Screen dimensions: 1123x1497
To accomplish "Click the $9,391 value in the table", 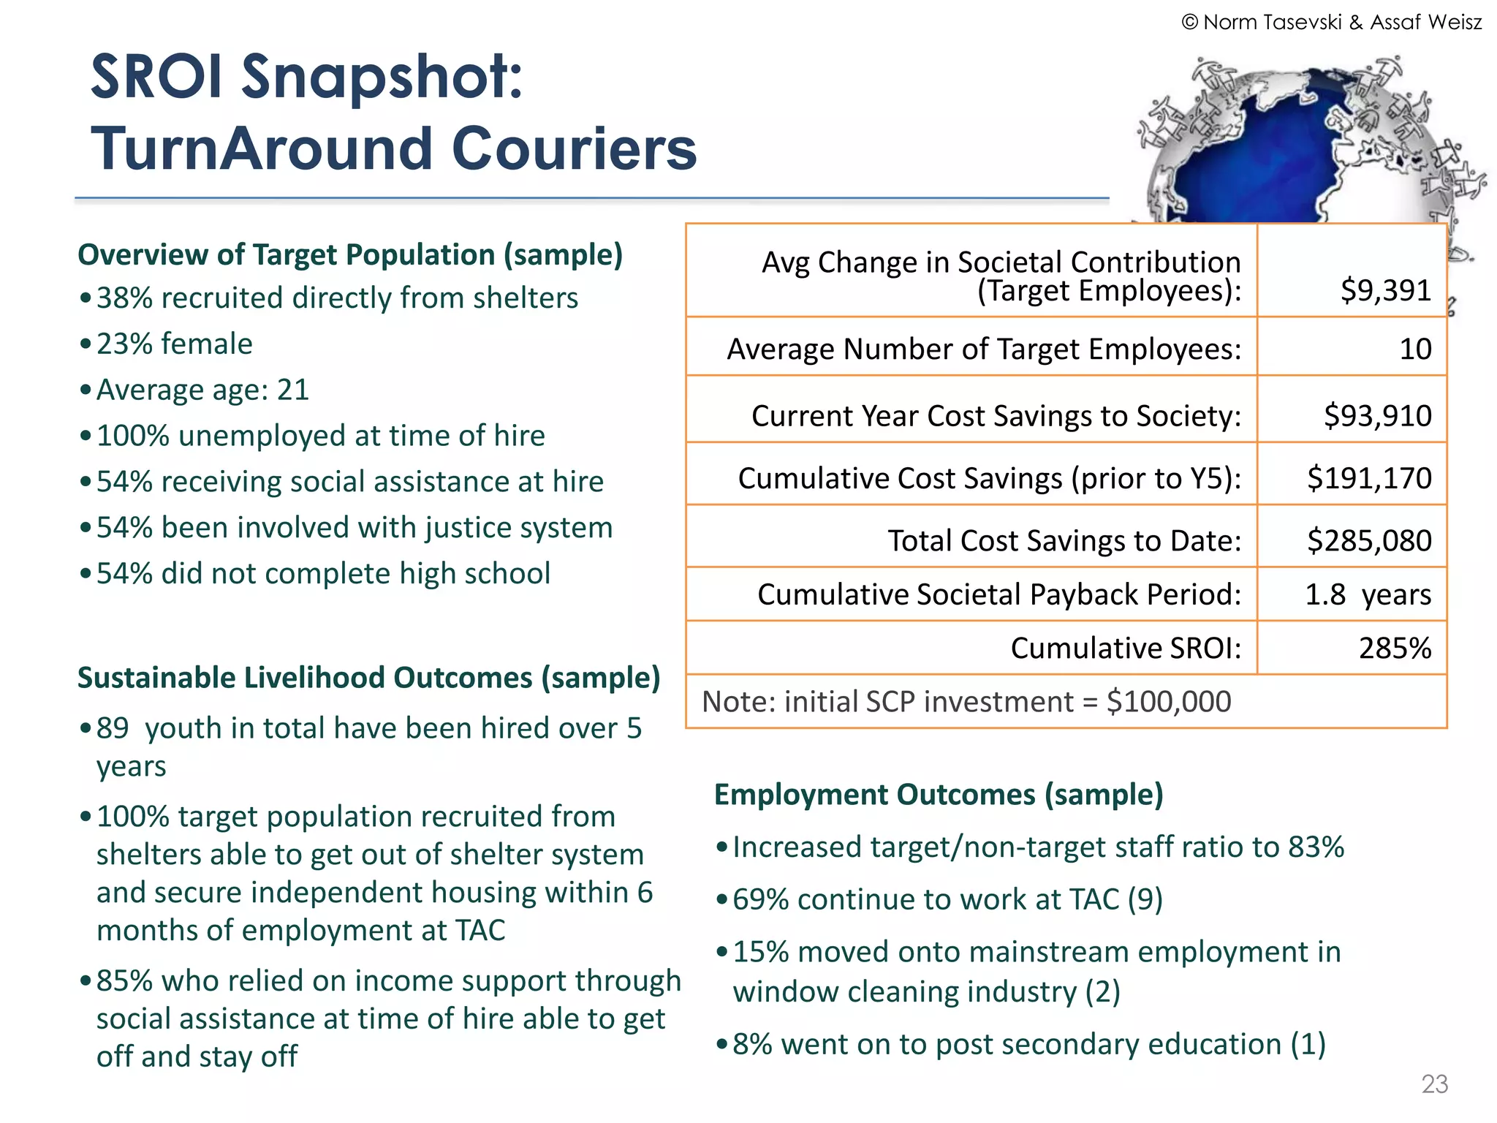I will pos(1385,290).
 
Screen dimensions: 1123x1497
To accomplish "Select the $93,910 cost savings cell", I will pos(1377,415).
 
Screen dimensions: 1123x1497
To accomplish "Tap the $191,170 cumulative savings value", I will pos(1368,478).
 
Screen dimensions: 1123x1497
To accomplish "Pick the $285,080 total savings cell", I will pos(1368,540).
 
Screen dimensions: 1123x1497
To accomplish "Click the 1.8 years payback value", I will pos(1367,594).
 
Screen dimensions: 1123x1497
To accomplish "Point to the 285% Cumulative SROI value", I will pos(1394,648).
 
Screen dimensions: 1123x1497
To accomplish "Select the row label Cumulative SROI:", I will pos(1125,648).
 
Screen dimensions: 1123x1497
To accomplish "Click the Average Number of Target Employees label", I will pos(983,349).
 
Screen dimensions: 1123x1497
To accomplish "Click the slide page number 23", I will pos(1434,1084).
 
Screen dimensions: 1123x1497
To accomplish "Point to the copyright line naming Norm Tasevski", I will pos(1331,22).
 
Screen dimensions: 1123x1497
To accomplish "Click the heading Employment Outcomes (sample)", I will pos(938,795).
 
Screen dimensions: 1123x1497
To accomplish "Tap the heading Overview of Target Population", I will pos(350,254).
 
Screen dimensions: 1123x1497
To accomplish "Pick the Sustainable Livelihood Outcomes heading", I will pos(368,678).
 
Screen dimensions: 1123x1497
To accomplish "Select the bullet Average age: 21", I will pos(202,390).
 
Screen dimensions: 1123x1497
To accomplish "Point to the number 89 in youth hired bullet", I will pos(113,728).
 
